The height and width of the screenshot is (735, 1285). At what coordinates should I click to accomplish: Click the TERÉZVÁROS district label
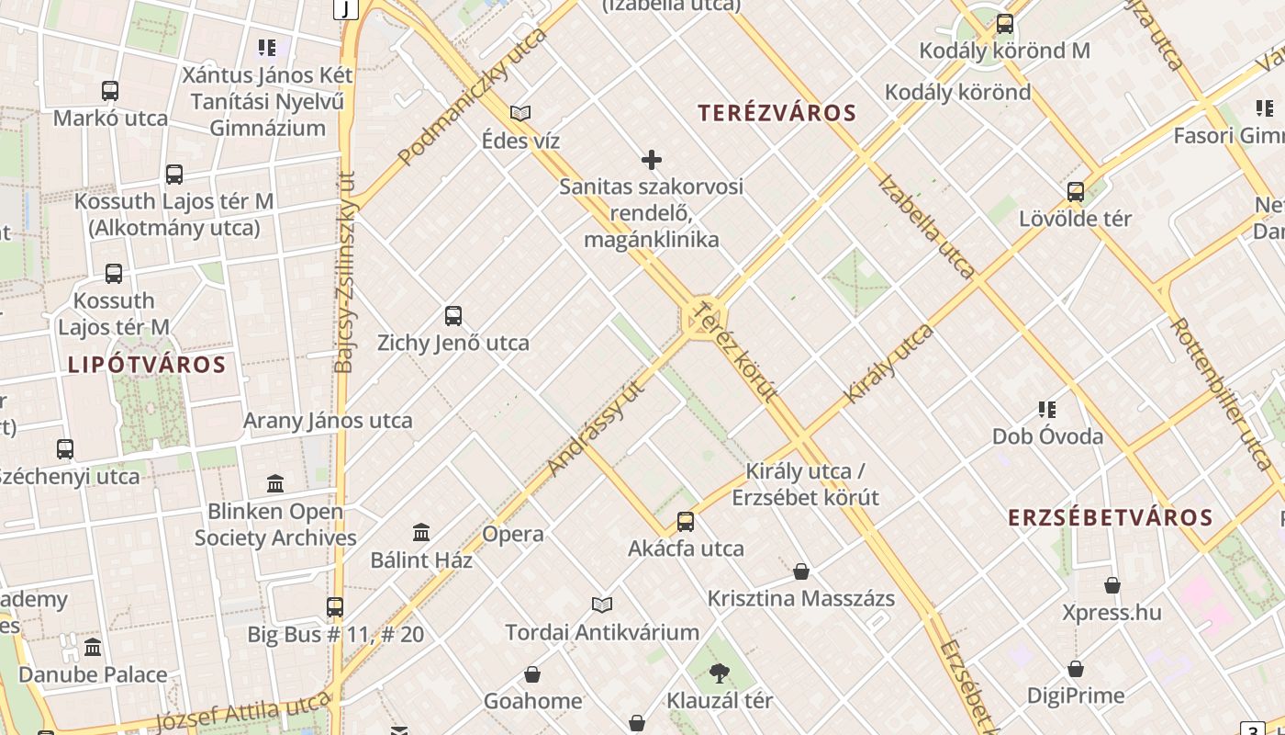click(x=777, y=113)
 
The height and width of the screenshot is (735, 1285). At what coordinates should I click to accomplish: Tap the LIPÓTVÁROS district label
click(x=147, y=365)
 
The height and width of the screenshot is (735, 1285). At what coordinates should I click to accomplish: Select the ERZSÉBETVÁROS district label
click(x=1111, y=517)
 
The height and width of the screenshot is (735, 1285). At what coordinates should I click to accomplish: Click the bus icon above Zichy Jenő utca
click(x=453, y=316)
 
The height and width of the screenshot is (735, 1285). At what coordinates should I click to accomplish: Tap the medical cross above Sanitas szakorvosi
click(x=652, y=160)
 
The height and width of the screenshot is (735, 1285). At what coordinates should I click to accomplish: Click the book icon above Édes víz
click(x=520, y=113)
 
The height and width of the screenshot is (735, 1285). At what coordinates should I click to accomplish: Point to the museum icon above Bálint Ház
click(x=421, y=532)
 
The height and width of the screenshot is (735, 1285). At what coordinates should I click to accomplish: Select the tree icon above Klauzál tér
click(x=720, y=674)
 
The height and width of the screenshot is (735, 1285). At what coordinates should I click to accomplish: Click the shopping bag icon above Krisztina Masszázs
click(x=801, y=571)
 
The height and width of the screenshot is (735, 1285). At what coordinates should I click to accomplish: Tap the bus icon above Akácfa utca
click(x=686, y=522)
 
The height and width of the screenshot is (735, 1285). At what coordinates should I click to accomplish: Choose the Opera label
click(x=513, y=534)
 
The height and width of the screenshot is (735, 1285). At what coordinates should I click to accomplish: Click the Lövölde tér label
click(x=1075, y=219)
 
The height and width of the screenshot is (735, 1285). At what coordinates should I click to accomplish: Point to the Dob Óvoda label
click(x=1047, y=435)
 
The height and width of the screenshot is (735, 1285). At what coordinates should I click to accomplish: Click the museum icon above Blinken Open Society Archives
click(x=275, y=483)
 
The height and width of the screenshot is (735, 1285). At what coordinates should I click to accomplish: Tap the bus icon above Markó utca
click(x=110, y=91)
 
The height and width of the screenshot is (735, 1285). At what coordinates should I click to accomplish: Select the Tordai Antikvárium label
click(x=602, y=632)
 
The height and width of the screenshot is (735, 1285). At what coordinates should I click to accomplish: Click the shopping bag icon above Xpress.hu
click(x=1112, y=585)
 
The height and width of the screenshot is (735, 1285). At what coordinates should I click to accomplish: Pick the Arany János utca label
click(x=328, y=421)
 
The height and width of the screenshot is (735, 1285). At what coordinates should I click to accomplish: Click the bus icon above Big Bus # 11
click(x=335, y=607)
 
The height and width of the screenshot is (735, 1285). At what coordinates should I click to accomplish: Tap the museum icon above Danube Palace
click(x=93, y=648)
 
